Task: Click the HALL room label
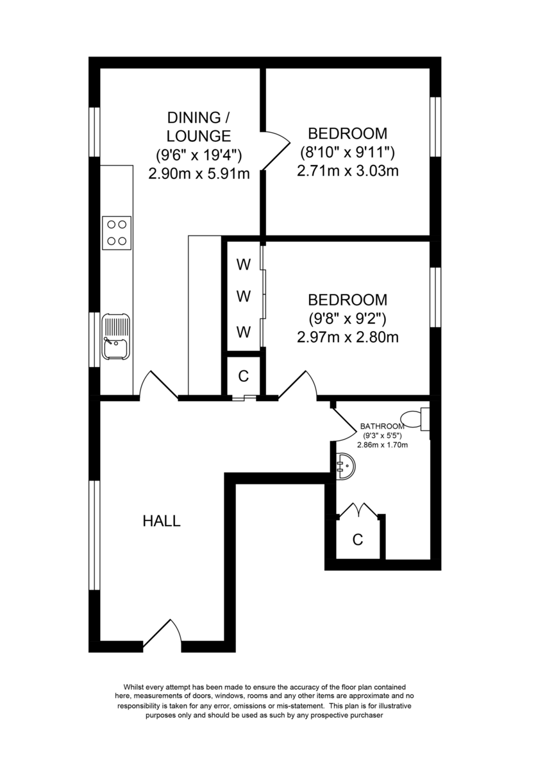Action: click(161, 521)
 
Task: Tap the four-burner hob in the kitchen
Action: click(117, 232)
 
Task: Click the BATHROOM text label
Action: click(382, 426)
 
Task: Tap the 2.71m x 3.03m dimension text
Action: click(348, 171)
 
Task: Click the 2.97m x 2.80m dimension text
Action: click(348, 336)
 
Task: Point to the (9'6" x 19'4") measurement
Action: click(199, 155)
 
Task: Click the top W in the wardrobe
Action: click(243, 264)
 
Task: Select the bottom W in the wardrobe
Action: click(243, 332)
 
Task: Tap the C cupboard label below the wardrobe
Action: click(243, 377)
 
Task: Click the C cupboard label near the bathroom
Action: click(358, 540)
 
